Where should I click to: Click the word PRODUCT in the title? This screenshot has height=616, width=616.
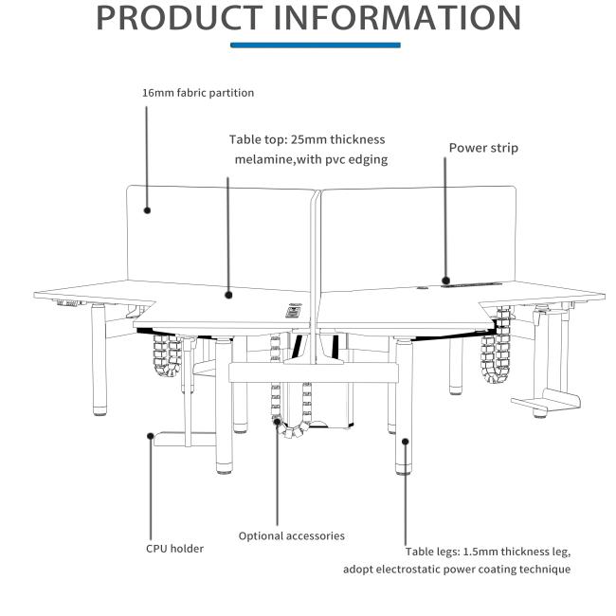coord(179,18)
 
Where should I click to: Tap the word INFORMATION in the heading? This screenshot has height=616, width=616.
coord(397,18)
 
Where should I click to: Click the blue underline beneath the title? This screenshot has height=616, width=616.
coord(316,45)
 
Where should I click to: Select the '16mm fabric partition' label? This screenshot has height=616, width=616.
coord(198,93)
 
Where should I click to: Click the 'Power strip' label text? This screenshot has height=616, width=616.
coord(483,148)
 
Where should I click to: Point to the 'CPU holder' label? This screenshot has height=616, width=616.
coord(174,549)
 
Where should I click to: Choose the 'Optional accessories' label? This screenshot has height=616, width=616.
coord(292,536)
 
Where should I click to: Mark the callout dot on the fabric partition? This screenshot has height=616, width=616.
coord(147,210)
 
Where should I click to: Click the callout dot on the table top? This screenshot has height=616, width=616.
coord(228,295)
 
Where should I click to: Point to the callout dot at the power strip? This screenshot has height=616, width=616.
coord(445,281)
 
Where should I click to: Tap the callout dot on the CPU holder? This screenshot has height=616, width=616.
coord(150,436)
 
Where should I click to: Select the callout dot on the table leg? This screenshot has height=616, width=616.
coord(406,442)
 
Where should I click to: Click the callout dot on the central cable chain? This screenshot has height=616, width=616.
coord(278,422)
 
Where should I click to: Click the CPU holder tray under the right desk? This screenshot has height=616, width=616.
coord(546,401)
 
